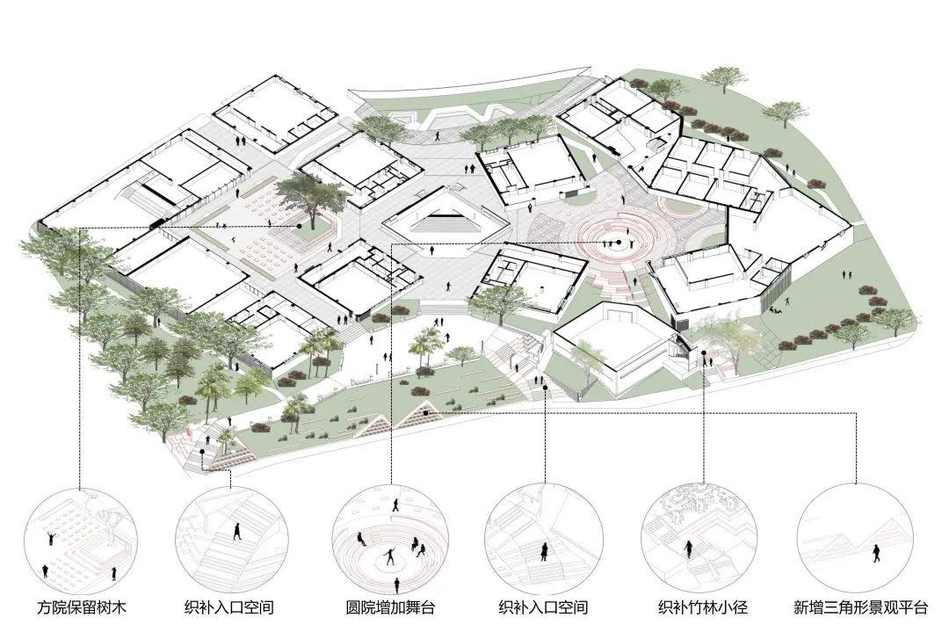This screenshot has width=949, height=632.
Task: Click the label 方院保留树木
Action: (81, 607)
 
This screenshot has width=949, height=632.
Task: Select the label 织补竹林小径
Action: (703, 607)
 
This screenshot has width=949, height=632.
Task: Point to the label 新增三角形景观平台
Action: (860, 607)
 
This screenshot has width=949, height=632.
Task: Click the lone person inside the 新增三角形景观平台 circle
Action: (876, 553)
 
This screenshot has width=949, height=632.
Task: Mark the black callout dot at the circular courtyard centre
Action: (619, 242)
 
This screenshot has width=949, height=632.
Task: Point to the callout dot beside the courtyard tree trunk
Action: (299, 227)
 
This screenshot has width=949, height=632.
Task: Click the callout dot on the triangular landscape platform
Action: (426, 413)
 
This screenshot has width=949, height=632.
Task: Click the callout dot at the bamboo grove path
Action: (704, 353)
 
